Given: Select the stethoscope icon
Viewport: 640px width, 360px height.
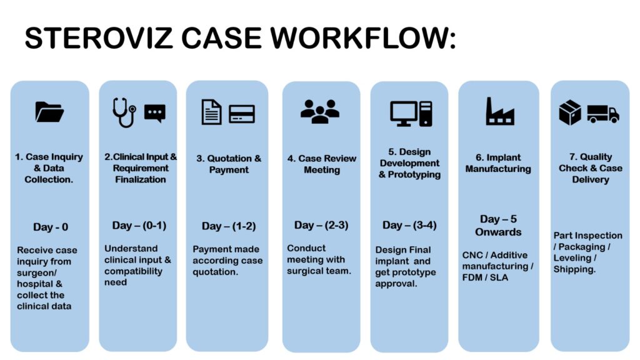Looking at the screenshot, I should [x=124, y=112].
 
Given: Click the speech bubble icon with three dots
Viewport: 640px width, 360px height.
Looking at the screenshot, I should [x=155, y=112].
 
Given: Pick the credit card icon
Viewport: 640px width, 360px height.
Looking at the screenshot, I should [x=241, y=113].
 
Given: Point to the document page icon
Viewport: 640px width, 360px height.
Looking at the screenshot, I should [x=212, y=112].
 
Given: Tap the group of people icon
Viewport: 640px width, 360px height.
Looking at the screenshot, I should [x=320, y=111].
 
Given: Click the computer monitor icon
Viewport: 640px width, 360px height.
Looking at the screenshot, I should [x=404, y=113].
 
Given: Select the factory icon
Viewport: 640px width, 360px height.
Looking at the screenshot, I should [x=500, y=111].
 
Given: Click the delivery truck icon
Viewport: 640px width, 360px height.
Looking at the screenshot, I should [x=602, y=113].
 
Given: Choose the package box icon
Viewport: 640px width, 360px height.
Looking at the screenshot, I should [x=570, y=113].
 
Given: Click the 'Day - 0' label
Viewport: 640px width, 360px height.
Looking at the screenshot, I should [x=51, y=227].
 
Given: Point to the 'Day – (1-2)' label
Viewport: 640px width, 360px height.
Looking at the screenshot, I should [x=229, y=226].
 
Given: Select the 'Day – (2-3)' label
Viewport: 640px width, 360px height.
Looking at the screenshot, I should [x=321, y=225].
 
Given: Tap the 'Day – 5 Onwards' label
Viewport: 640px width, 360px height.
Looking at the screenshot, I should [x=498, y=226].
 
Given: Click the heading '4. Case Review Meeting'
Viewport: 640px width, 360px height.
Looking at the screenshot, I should [x=321, y=164].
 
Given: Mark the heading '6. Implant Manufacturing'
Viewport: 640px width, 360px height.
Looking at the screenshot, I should [x=498, y=163].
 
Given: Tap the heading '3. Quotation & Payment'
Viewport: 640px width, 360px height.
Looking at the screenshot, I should [x=229, y=164].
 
